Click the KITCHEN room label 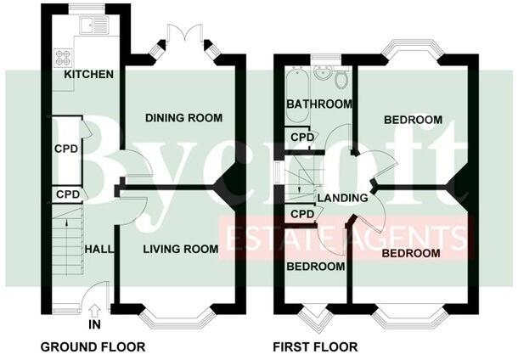89,75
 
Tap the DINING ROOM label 183,117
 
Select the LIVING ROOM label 180,249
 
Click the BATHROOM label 319,104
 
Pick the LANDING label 342,198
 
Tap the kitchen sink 88,26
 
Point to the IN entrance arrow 93,309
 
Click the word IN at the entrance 93,324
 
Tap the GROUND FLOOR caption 93,346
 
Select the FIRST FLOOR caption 315,346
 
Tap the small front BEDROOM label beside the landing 316,267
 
